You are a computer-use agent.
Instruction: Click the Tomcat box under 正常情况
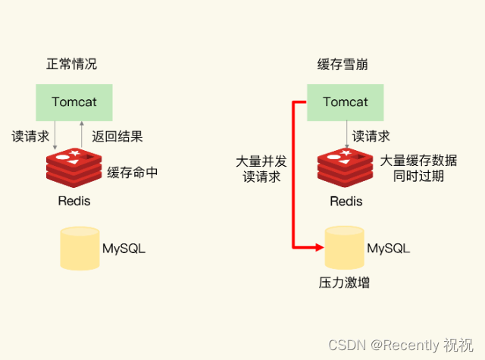74,102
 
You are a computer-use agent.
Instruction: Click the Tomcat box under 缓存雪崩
345,102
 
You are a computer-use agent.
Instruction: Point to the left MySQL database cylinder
80,248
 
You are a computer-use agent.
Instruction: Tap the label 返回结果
117,137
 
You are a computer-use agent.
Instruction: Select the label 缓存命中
133,172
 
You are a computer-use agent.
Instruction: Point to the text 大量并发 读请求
261,169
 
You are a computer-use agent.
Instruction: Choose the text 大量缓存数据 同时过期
418,168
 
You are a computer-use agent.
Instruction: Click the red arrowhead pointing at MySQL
319,246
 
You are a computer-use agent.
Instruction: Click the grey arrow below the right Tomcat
347,136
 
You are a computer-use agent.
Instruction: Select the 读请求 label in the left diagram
30,137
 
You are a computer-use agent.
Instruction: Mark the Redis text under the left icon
74,202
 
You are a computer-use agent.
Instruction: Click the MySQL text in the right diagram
389,249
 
